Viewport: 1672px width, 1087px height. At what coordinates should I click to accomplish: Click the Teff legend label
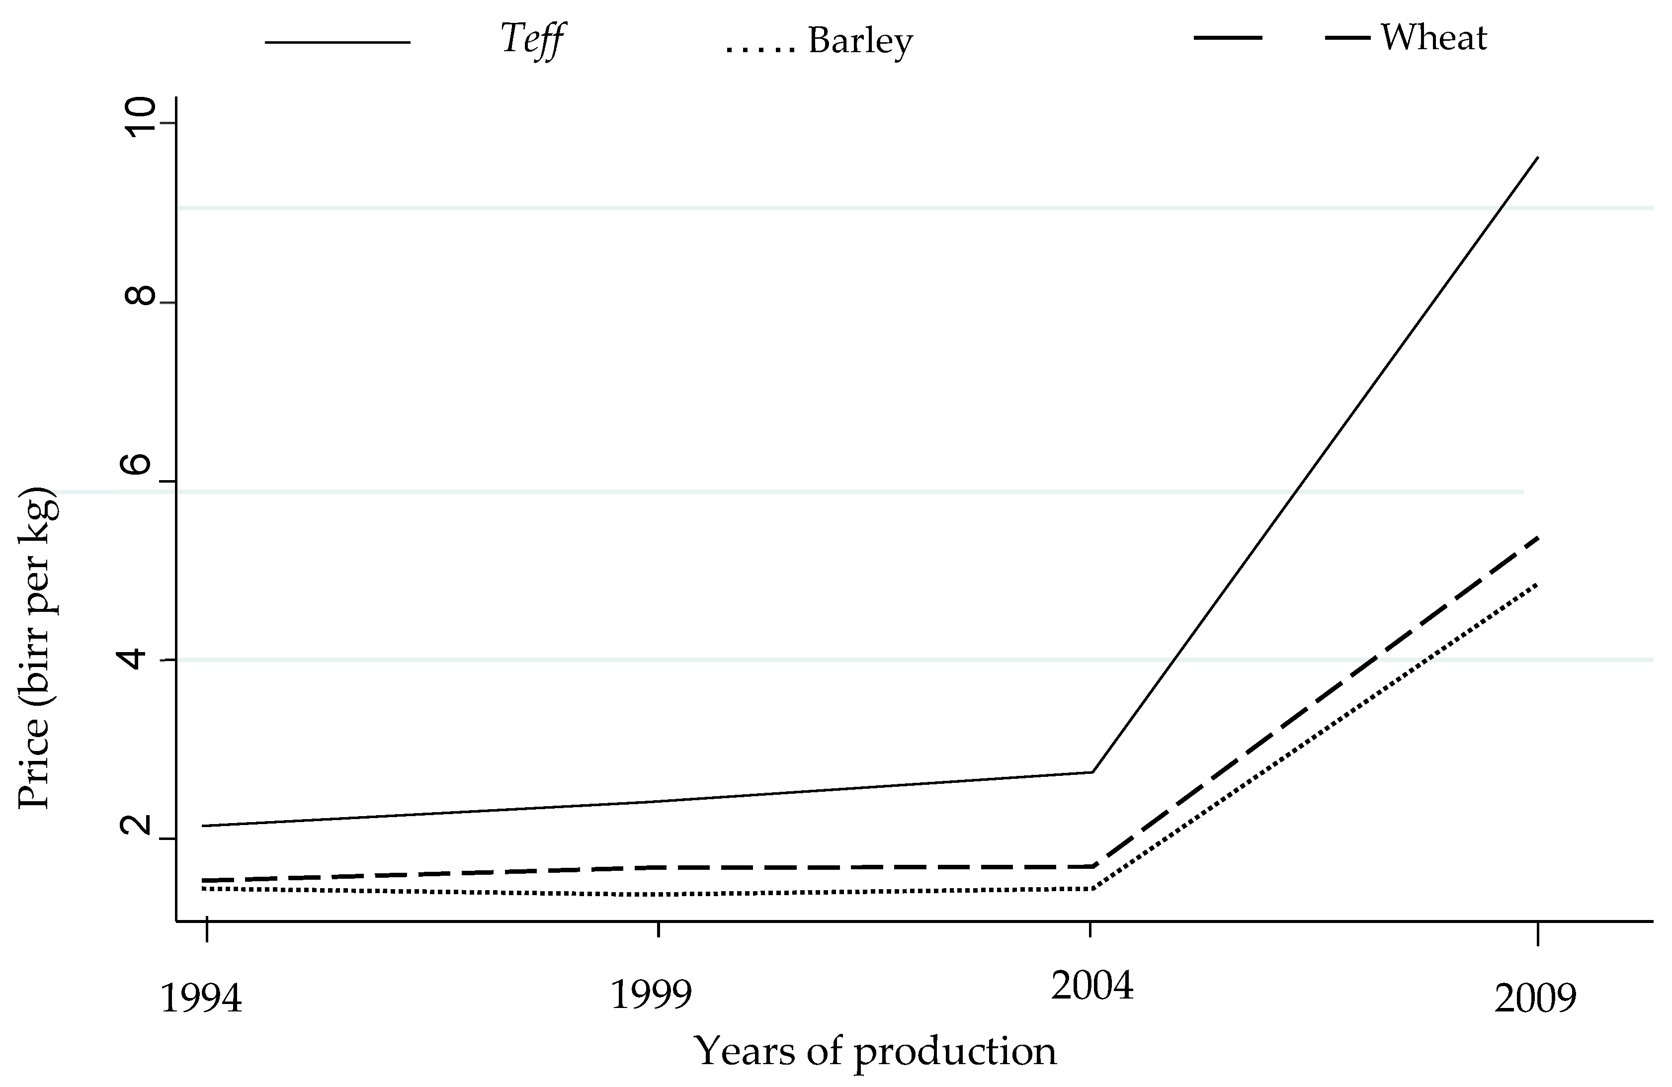(x=532, y=39)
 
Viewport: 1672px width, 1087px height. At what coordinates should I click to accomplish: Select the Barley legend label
(x=860, y=41)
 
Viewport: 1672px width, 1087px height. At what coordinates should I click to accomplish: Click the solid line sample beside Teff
(x=337, y=43)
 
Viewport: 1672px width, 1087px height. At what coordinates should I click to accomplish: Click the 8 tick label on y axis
(x=139, y=296)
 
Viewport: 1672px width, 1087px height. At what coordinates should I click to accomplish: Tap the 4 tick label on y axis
(x=139, y=659)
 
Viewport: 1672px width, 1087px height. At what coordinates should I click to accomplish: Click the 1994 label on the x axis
(x=202, y=999)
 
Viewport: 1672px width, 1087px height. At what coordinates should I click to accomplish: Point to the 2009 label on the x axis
(x=1535, y=999)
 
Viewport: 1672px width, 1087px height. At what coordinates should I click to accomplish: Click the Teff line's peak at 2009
(x=1538, y=158)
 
